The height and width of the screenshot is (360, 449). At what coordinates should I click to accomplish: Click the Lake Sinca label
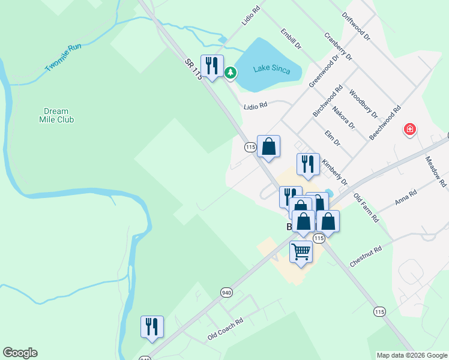coord(271,70)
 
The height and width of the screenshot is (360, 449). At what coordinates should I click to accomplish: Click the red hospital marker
coord(410,129)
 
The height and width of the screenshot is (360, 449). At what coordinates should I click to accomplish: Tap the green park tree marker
coord(230,73)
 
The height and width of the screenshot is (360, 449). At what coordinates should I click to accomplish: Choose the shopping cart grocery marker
coord(301,251)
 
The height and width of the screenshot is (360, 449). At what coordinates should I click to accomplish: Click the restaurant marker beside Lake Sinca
coord(212,65)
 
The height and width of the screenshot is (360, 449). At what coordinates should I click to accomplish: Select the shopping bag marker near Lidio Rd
coord(269,146)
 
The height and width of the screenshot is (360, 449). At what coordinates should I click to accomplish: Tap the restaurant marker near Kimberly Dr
coord(308,163)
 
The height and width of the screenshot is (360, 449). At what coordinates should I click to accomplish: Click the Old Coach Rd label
coord(225,329)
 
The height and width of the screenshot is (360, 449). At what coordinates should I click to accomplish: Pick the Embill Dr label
coord(289,38)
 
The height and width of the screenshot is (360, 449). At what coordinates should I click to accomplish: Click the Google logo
coord(20,353)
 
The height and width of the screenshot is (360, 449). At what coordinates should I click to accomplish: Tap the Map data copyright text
coord(412,355)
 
